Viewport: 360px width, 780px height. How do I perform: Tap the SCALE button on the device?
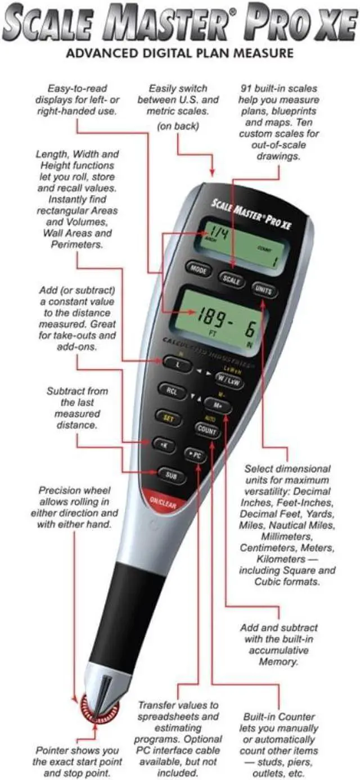coord(231,279)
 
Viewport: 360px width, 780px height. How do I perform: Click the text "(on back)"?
coord(178,126)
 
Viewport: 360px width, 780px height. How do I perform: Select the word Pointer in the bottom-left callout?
coord(53,750)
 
